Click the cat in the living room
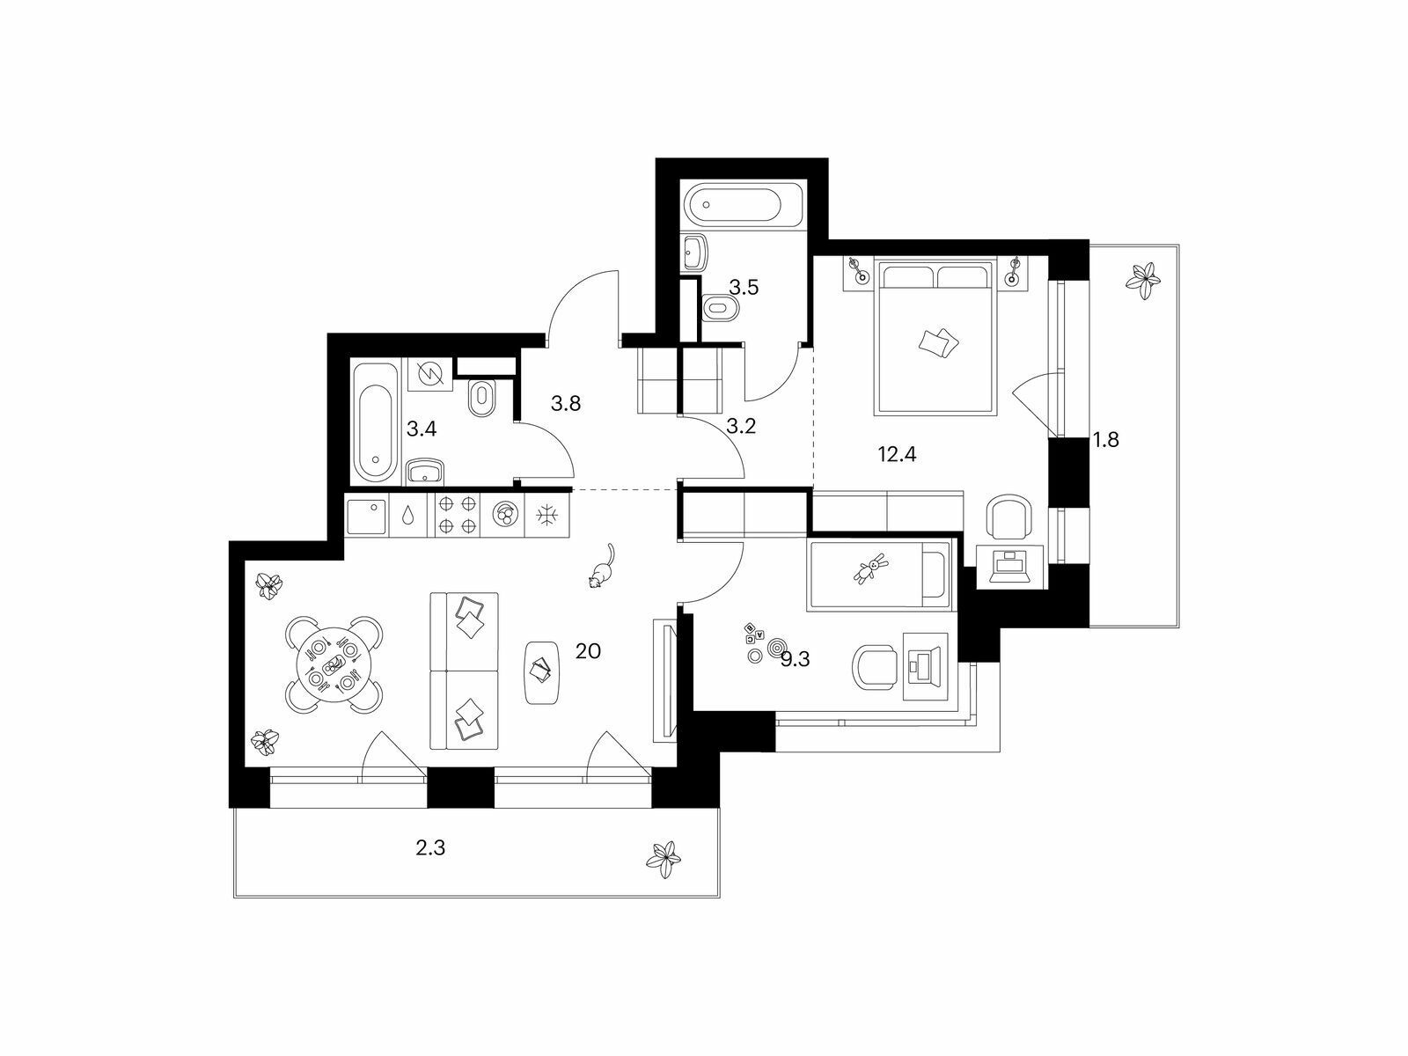click(601, 566)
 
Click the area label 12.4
click(897, 455)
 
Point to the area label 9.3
click(796, 660)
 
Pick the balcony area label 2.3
click(430, 848)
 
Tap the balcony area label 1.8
click(1106, 439)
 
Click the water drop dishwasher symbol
click(408, 515)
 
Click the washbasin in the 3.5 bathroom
click(694, 252)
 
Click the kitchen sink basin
click(368, 515)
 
